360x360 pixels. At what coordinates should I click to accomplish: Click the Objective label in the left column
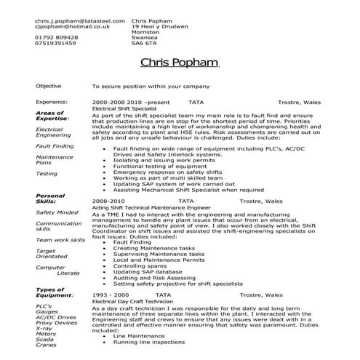pyautogui.click(x=49, y=86)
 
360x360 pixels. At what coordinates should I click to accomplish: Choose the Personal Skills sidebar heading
pyautogui.click(x=50, y=199)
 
